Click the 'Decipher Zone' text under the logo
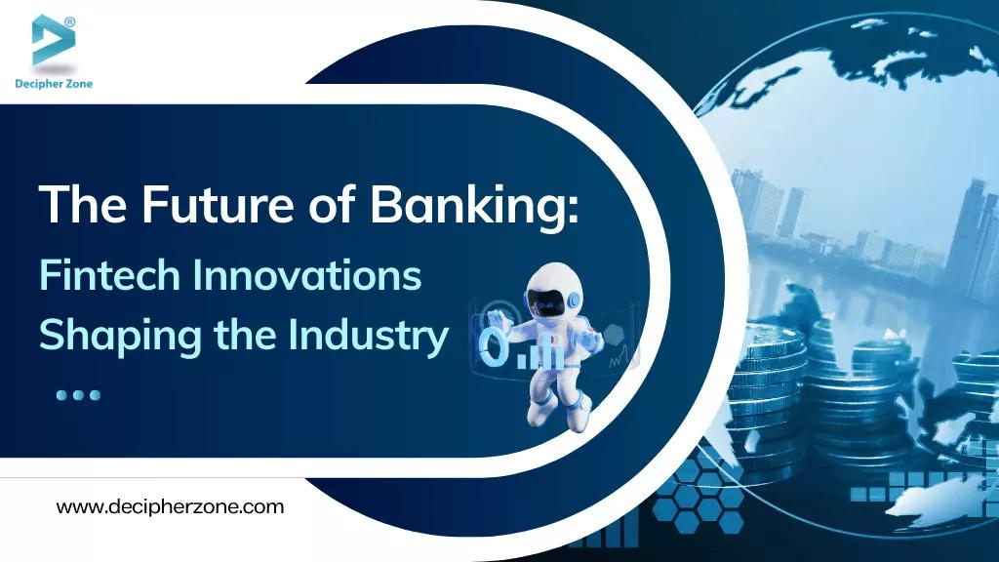coord(53,83)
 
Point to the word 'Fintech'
coord(109,276)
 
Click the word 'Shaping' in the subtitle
coord(108,338)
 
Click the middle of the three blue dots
coord(78,395)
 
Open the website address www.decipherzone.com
coord(170,507)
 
